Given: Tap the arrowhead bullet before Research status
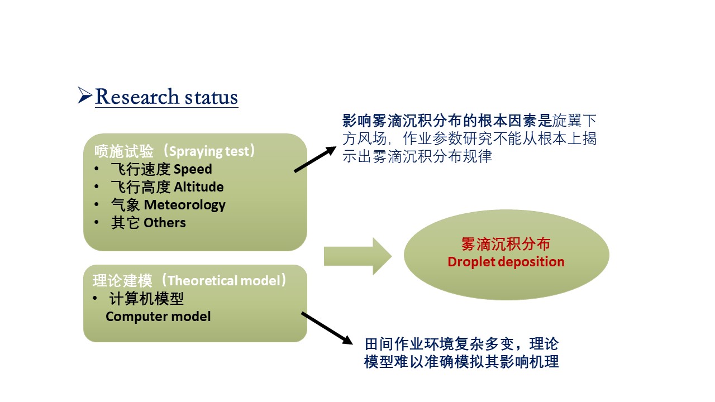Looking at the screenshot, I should (x=85, y=95).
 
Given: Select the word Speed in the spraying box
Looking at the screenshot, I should (x=193, y=169).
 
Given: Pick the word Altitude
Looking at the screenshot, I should (x=199, y=187).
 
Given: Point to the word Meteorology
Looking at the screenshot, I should (x=185, y=205).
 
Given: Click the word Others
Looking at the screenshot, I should (x=165, y=223).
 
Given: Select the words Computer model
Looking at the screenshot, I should (x=158, y=317).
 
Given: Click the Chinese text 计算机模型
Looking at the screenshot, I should (x=147, y=299).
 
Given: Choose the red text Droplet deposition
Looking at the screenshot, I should (x=506, y=262).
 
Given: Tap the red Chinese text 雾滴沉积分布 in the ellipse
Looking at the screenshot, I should (x=506, y=245).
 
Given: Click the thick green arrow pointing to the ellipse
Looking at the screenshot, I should (x=357, y=256).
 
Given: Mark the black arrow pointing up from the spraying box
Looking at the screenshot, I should (x=315, y=160).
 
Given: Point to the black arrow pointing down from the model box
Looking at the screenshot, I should (x=326, y=328).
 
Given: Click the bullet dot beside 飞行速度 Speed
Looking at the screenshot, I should (x=98, y=169).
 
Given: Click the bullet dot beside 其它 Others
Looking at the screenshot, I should (x=98, y=223).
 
